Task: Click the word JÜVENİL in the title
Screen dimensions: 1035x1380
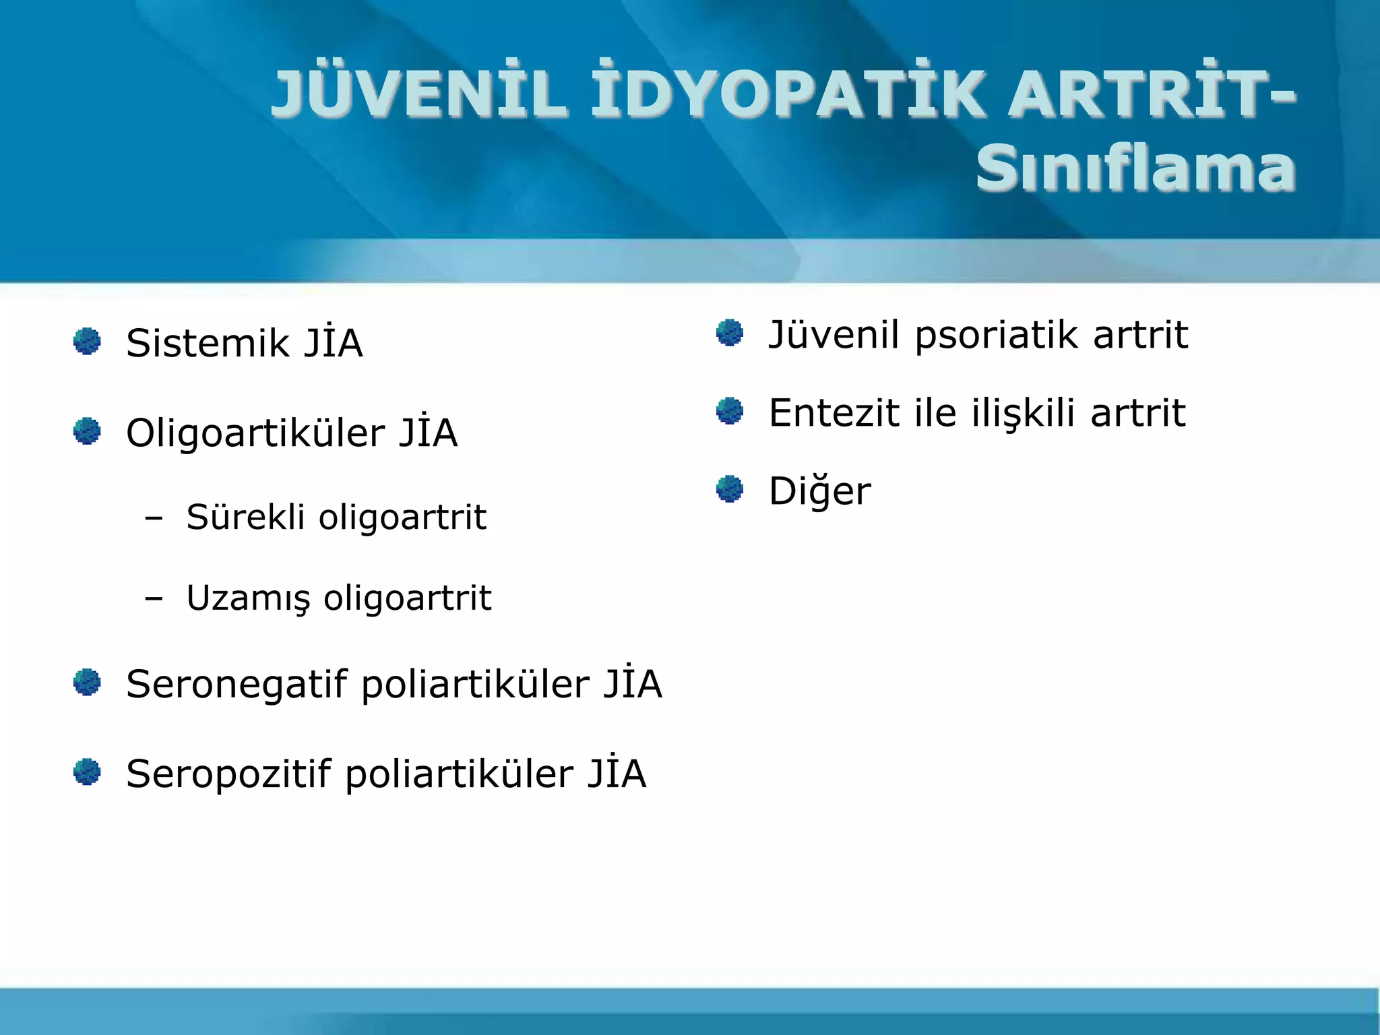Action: click(x=418, y=94)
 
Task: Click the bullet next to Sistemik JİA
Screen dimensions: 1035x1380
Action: click(x=87, y=341)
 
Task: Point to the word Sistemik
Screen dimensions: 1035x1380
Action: click(x=208, y=344)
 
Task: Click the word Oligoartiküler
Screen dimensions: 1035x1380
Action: click(x=255, y=433)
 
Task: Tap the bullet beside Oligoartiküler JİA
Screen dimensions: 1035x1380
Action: click(x=87, y=431)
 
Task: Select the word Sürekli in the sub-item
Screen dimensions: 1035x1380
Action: click(x=245, y=517)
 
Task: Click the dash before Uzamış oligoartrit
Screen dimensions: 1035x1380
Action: click(x=154, y=598)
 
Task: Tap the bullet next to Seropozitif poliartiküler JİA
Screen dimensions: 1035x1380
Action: click(x=87, y=772)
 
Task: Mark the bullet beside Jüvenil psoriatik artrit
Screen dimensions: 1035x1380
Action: click(x=729, y=332)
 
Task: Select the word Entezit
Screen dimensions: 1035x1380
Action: click(x=834, y=413)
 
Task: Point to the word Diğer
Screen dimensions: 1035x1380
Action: click(x=819, y=491)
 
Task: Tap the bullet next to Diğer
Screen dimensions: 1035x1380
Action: click(x=729, y=489)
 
